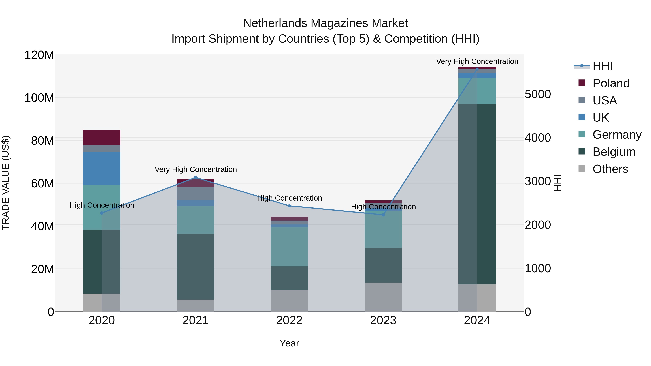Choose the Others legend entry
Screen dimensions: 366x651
click(610, 169)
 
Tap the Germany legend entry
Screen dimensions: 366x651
click(617, 135)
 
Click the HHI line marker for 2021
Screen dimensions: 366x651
click(195, 177)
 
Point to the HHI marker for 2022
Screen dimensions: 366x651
click(289, 206)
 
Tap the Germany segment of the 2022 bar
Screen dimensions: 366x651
click(289, 247)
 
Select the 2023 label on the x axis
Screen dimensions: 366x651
click(383, 320)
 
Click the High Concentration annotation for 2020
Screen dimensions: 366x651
click(102, 205)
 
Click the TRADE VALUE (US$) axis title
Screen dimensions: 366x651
click(6, 183)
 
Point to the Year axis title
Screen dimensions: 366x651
click(289, 343)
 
